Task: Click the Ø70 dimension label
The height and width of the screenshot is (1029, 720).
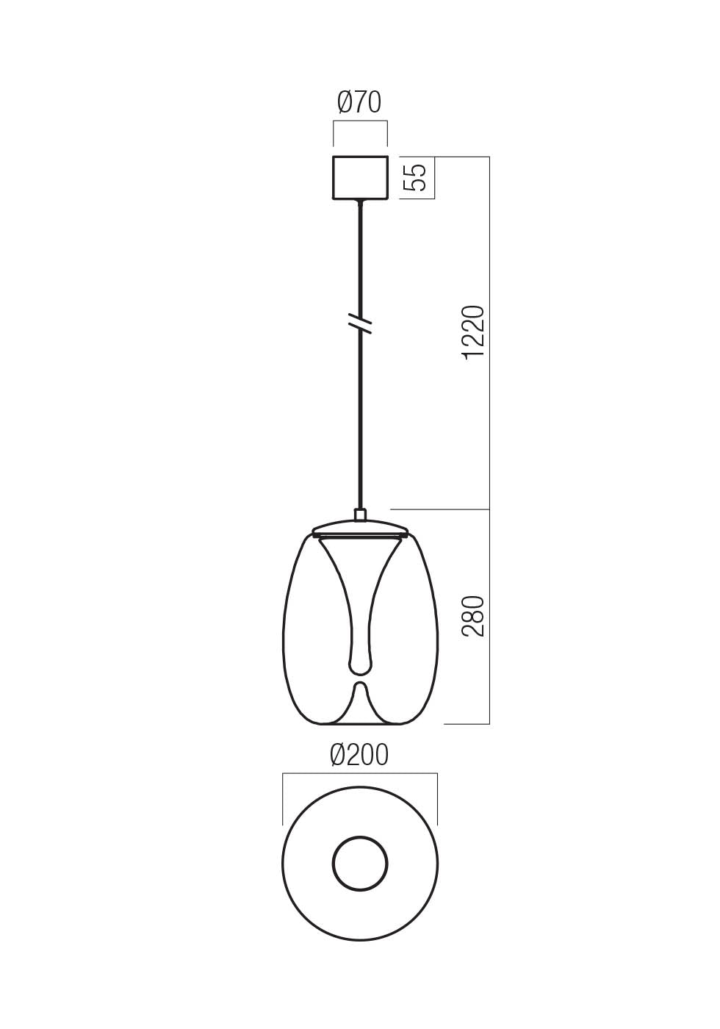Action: coord(359,103)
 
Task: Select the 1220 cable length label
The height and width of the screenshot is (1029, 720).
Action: coord(475,331)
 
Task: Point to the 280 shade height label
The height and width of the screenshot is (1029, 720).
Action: coord(475,616)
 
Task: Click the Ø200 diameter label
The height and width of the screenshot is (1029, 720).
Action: coord(359,755)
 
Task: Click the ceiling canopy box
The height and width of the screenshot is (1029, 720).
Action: coord(360,177)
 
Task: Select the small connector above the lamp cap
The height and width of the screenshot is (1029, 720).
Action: coord(360,514)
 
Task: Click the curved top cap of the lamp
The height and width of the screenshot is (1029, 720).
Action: coord(360,526)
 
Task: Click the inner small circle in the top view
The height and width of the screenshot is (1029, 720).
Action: coord(360,864)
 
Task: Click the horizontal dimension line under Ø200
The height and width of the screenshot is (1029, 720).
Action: coord(360,773)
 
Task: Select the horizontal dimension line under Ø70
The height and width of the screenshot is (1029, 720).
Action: coord(360,124)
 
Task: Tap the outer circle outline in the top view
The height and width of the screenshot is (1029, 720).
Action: coord(283,864)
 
